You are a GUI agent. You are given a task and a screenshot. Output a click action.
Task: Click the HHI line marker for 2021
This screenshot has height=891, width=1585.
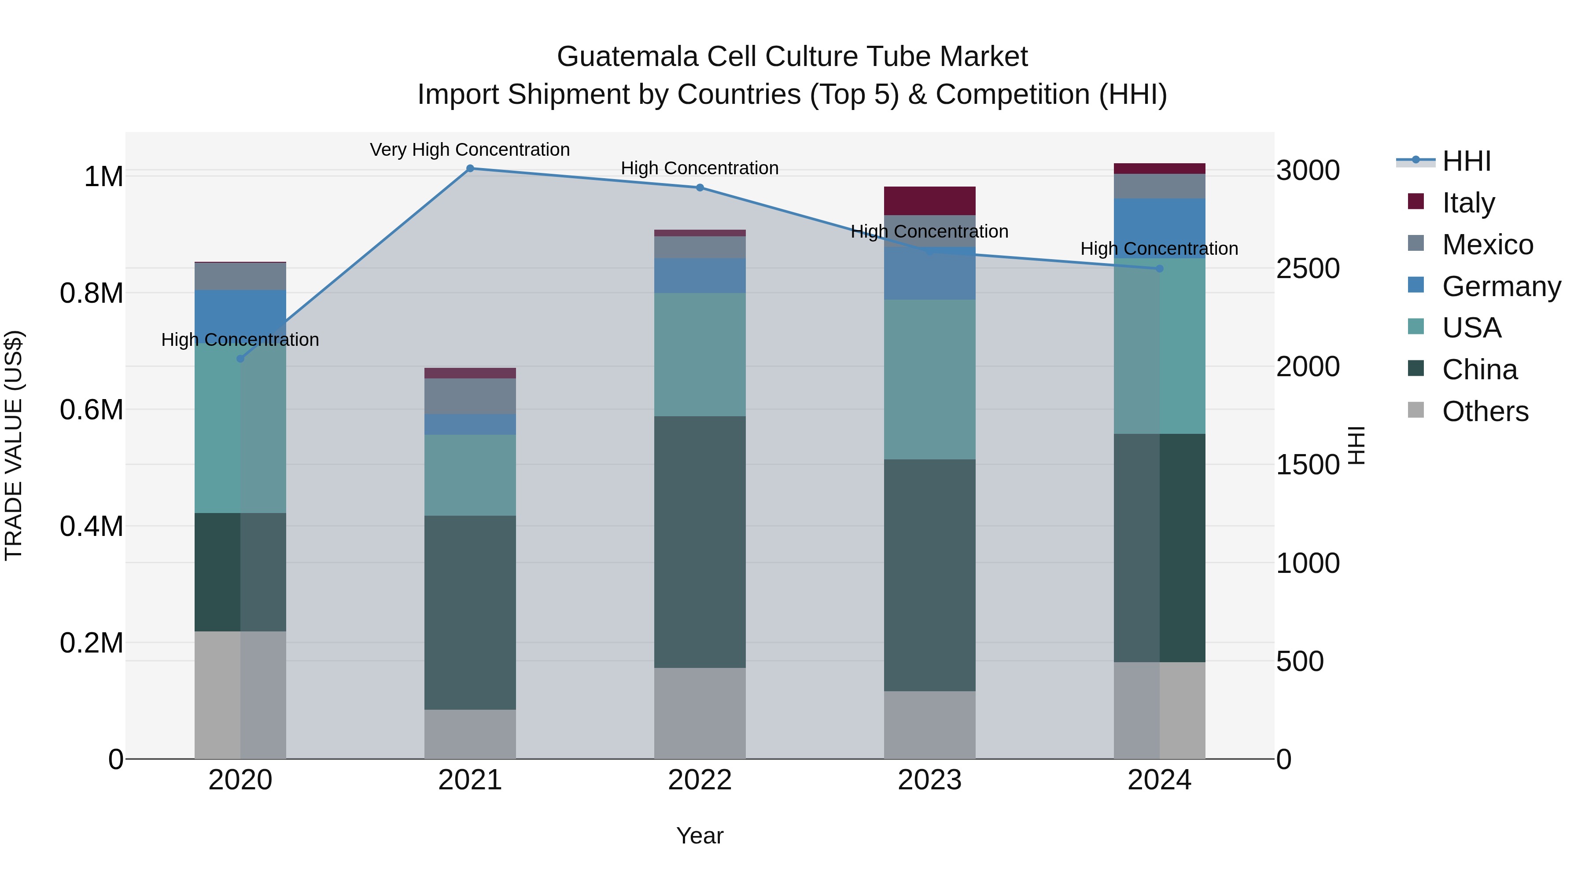click(470, 169)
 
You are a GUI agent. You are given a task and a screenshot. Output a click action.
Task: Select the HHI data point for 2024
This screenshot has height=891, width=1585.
click(1159, 269)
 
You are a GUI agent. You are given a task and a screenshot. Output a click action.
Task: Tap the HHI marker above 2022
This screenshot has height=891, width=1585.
click(700, 187)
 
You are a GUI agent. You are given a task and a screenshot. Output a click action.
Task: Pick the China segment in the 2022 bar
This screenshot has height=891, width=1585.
click(700, 541)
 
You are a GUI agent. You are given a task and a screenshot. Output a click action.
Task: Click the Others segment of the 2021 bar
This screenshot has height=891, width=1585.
click(470, 734)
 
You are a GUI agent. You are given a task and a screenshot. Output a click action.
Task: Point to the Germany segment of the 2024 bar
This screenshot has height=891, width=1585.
click(1159, 228)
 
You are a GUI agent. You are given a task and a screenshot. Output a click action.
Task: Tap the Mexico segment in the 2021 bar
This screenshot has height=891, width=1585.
click(470, 396)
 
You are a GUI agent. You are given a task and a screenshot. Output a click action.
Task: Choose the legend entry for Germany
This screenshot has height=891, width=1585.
click(1501, 286)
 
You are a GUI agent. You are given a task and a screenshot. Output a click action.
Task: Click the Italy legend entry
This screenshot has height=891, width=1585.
click(1468, 203)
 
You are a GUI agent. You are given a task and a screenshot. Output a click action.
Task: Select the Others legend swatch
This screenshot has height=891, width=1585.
click(1416, 410)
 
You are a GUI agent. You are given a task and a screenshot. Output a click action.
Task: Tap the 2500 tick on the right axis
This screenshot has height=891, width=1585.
click(1308, 269)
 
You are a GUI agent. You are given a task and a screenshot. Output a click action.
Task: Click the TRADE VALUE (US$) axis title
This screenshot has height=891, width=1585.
click(14, 445)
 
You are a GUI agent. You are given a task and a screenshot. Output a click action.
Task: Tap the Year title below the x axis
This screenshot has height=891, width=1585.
click(700, 836)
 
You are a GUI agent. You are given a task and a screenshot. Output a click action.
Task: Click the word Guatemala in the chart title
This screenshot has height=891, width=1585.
click(627, 57)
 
